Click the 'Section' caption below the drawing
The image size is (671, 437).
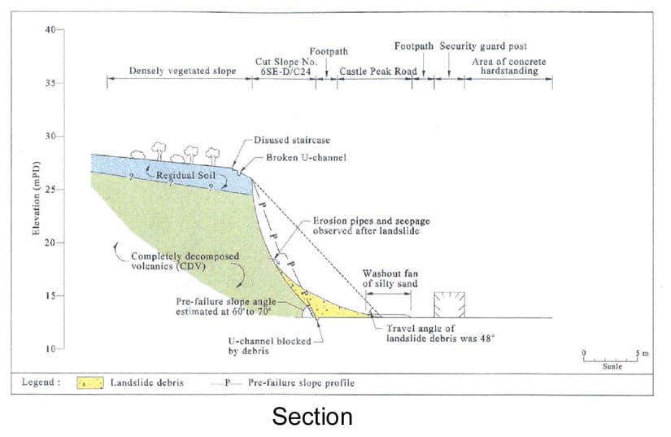pyautogui.click(x=312, y=417)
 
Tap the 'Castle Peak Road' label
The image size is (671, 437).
pyautogui.click(x=377, y=72)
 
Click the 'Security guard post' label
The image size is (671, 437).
pyautogui.click(x=483, y=46)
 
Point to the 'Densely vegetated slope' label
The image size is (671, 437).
pyautogui.click(x=182, y=72)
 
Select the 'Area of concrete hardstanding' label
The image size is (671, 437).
pyautogui.click(x=510, y=67)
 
